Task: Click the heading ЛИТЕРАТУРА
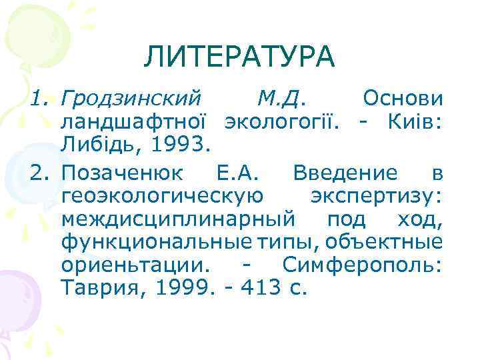pos(239,57)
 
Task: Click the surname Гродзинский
pos(131,100)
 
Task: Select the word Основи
pos(402,99)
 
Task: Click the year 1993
pos(180,142)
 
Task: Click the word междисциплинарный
pos(179,219)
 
